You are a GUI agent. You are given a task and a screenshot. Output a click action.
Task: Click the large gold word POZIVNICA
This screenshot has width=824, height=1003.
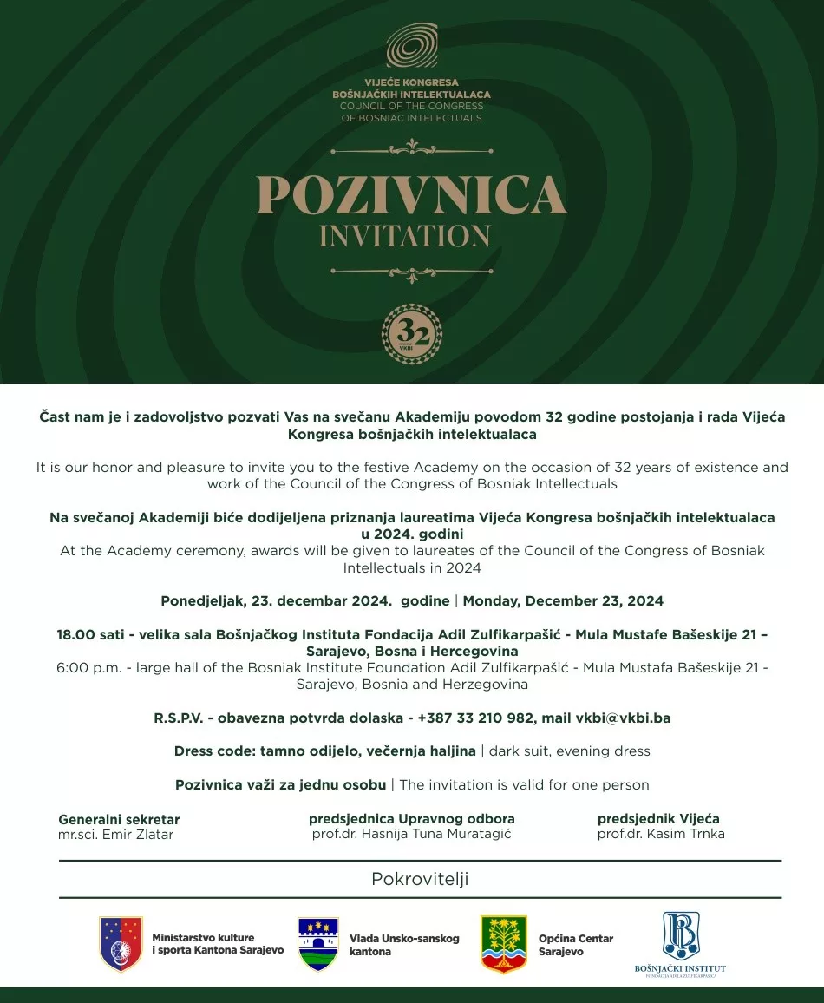click(x=411, y=195)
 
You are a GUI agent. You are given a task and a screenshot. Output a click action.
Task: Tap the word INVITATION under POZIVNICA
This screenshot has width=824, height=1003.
click(x=405, y=236)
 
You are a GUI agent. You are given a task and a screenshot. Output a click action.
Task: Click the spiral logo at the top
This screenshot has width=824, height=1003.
click(x=412, y=45)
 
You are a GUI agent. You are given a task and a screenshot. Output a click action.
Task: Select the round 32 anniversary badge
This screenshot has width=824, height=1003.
click(x=412, y=334)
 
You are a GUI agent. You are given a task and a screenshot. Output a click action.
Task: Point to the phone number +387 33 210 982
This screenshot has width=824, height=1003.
click(x=474, y=718)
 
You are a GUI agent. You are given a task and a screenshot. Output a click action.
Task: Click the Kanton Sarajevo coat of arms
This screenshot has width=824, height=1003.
click(x=121, y=944)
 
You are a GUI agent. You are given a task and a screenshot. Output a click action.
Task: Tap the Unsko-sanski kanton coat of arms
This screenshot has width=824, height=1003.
click(x=318, y=945)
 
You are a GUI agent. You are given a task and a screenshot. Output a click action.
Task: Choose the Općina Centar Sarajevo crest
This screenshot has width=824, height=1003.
click(x=504, y=945)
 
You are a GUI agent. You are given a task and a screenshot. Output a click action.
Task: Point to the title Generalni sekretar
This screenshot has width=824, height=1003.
click(x=119, y=819)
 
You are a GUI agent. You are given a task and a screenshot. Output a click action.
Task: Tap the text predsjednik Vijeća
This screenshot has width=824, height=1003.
click(x=658, y=818)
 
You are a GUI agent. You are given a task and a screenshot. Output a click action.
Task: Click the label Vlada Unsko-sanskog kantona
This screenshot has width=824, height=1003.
click(x=404, y=945)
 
